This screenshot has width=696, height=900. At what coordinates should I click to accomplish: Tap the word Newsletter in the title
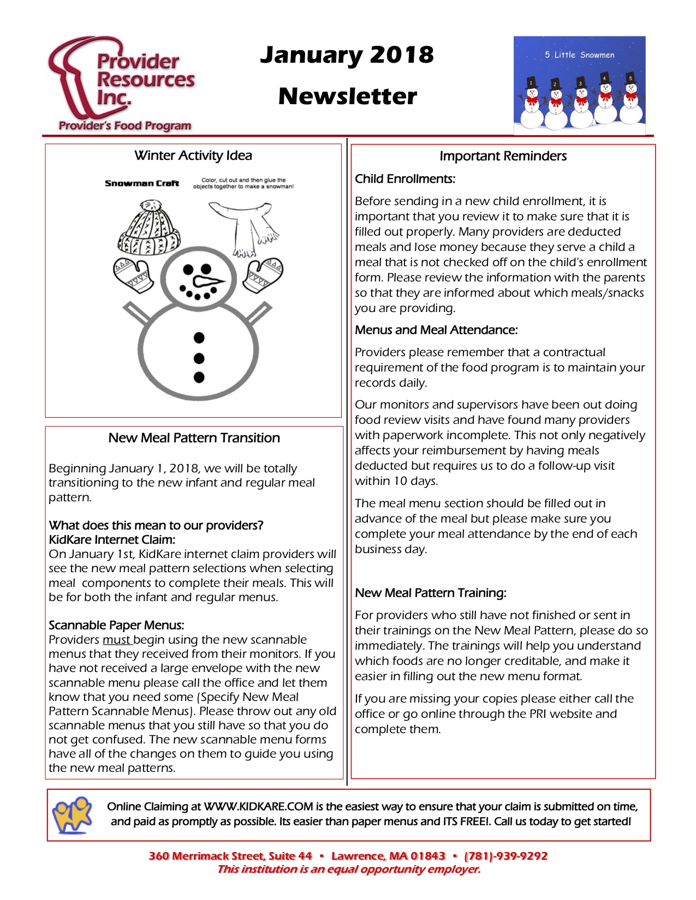pyautogui.click(x=347, y=97)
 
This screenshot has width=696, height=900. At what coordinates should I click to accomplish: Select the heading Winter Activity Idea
pyautogui.click(x=193, y=155)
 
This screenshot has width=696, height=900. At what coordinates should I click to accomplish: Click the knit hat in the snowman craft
pyautogui.click(x=149, y=229)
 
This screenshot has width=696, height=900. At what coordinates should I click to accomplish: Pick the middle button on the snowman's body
pyautogui.click(x=199, y=358)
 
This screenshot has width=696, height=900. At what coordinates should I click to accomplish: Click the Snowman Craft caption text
pyautogui.click(x=142, y=183)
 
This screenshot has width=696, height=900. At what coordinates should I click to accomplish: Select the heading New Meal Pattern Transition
pyautogui.click(x=194, y=438)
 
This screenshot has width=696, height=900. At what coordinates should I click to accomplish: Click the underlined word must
pyautogui.click(x=117, y=640)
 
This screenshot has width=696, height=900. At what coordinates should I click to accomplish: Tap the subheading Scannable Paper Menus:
pyautogui.click(x=116, y=625)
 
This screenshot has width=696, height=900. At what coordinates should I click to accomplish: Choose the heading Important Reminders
pyautogui.click(x=503, y=156)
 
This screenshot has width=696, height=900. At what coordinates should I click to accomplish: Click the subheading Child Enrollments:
pyautogui.click(x=405, y=179)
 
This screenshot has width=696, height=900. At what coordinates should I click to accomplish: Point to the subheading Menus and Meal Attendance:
pyautogui.click(x=436, y=330)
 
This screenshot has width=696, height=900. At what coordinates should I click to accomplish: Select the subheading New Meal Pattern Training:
pyautogui.click(x=431, y=593)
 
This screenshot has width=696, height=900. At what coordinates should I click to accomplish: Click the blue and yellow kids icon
pyautogui.click(x=72, y=814)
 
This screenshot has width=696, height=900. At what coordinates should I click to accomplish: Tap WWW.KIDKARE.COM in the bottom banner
pyautogui.click(x=258, y=807)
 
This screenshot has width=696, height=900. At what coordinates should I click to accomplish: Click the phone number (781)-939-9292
pyautogui.click(x=505, y=856)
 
